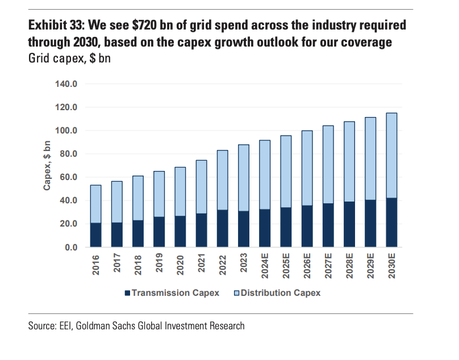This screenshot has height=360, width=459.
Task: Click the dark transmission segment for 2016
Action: (x=95, y=235)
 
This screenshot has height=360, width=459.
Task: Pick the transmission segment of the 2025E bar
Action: (x=286, y=228)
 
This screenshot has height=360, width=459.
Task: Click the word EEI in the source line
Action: (x=65, y=326)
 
